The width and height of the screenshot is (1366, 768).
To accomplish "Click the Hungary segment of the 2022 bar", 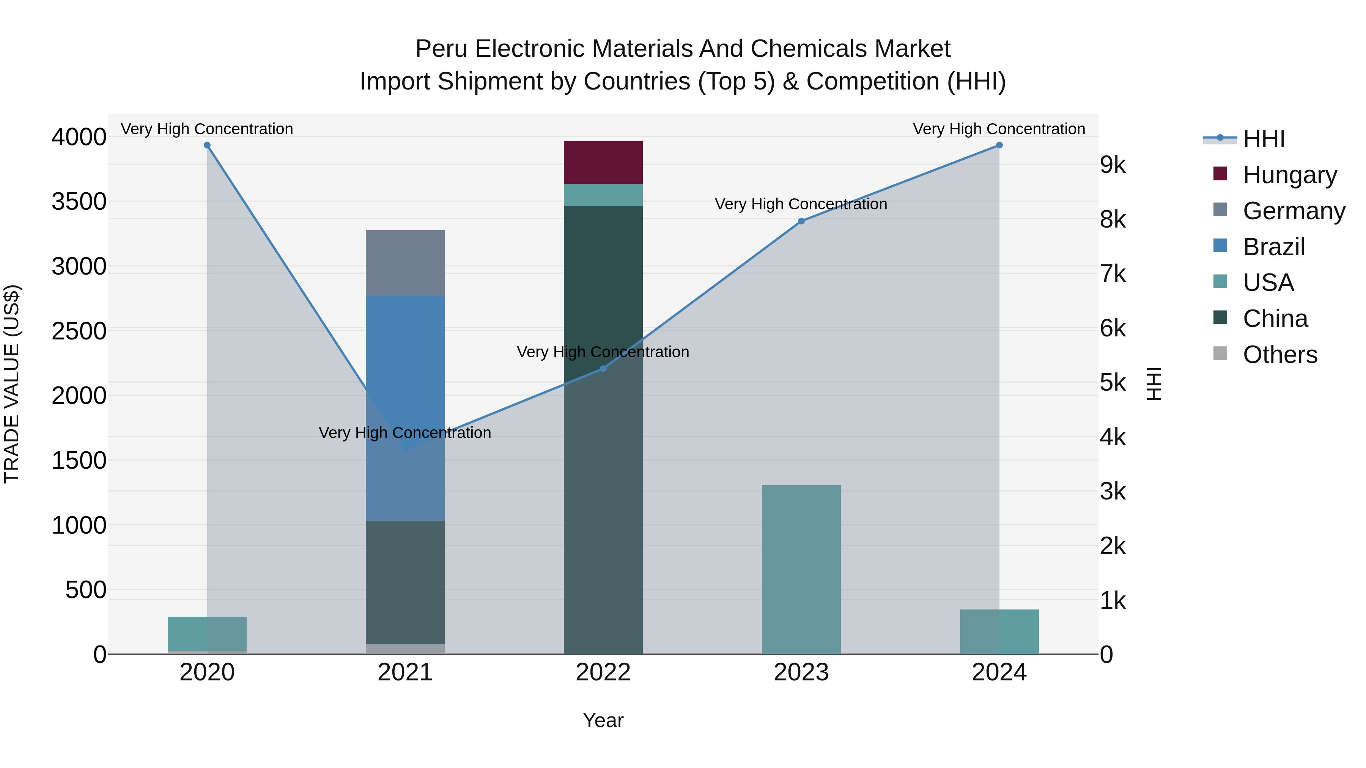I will (603, 162).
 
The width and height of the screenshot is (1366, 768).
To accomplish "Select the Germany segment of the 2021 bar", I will (405, 263).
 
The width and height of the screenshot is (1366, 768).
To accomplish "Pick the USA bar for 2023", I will (801, 569).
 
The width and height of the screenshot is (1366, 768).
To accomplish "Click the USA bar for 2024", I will (999, 632).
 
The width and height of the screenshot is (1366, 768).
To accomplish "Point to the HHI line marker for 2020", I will (207, 145).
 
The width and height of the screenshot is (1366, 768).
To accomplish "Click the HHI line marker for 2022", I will (603, 368).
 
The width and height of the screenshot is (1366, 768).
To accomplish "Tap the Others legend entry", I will (1279, 355).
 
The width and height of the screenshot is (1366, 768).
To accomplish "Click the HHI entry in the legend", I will (1263, 139).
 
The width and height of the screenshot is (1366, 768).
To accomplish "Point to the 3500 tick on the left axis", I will (79, 202).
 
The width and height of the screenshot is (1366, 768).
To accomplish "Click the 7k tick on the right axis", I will (1113, 274).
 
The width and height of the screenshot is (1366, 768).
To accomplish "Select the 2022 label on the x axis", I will (603, 672).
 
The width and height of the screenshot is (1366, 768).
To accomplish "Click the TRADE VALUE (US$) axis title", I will (12, 384).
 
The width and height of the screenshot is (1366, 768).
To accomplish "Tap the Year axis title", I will (603, 720).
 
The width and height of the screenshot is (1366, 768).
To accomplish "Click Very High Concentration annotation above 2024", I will (999, 129).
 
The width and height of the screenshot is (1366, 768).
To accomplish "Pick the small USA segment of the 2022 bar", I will (603, 195).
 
